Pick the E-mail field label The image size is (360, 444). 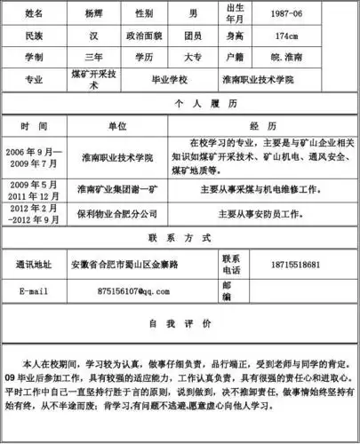click(34, 290)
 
